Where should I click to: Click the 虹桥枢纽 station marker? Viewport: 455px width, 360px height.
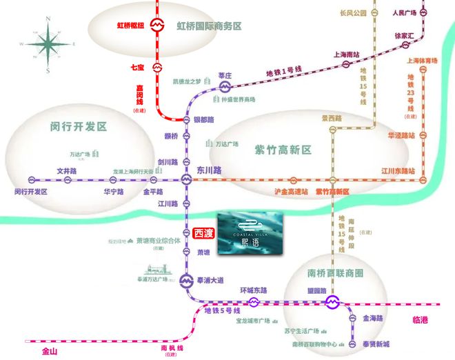[157, 26]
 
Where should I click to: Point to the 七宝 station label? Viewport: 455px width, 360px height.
[137, 68]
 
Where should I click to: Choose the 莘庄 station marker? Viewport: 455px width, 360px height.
[225, 86]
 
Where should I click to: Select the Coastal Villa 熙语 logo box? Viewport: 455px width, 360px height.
[251, 232]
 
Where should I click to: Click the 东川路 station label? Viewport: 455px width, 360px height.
[209, 170]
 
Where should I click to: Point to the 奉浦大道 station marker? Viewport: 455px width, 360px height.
[185, 281]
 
